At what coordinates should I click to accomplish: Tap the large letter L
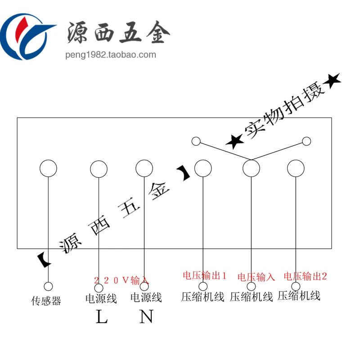point(102,317)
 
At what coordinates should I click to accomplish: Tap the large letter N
point(146,317)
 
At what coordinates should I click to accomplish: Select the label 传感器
point(45,301)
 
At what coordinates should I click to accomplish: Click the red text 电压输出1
point(205,275)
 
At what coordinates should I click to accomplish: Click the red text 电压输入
point(256,277)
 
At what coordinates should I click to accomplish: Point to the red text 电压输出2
point(306,276)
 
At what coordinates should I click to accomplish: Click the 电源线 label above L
point(101,299)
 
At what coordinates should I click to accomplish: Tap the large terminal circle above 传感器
point(48,168)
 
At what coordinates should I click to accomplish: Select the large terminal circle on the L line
point(99,169)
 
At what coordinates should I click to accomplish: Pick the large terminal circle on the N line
point(144,168)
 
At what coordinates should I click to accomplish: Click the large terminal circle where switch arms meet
point(251,168)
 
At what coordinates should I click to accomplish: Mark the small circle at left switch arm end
point(196,141)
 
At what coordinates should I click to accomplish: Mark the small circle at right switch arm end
point(306,141)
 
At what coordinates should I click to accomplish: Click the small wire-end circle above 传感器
point(48,286)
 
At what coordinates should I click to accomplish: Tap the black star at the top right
point(332,81)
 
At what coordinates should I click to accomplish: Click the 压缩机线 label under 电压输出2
point(299,296)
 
